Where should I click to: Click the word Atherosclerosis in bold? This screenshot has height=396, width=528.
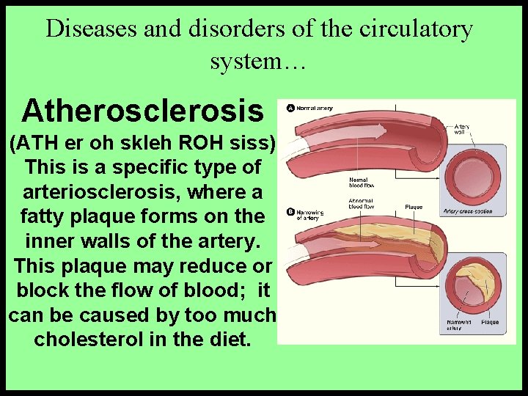coord(142,111)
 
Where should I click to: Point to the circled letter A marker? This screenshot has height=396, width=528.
coord(290,109)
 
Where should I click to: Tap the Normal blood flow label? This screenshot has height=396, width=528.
coord(359,182)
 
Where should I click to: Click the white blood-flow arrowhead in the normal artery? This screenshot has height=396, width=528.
coord(379,130)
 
